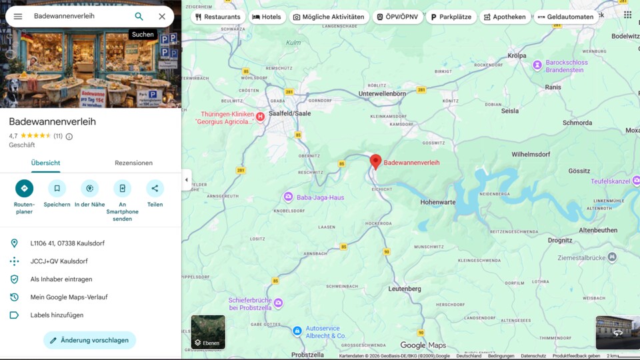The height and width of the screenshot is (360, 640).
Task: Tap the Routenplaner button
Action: pos(24,189)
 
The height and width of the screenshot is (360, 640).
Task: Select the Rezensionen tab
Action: pos(133,163)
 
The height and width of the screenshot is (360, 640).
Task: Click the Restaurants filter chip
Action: pos(218,17)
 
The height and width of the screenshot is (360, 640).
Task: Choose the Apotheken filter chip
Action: pos(505,17)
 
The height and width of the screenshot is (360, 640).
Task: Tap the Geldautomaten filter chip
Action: pos(565,17)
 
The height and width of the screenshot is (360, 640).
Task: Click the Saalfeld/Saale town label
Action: pos(290,113)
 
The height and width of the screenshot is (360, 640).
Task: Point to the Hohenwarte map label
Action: pos(438,201)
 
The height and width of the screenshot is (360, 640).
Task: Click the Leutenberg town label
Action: pos(405,289)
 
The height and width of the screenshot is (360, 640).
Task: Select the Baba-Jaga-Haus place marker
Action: pos(288,197)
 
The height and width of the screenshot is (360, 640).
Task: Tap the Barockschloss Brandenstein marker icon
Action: pos(537,65)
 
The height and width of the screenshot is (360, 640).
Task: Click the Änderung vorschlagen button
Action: pos(89,340)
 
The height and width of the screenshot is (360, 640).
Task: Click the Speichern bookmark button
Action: pos(57,189)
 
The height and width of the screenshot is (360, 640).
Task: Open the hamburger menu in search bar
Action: pos(18,17)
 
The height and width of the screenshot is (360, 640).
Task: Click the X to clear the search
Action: pos(162,17)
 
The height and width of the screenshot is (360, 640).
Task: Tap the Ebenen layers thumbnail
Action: pos(208,332)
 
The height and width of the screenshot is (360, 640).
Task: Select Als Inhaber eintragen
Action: pos(61,279)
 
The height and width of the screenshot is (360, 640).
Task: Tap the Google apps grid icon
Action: pos(627,15)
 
